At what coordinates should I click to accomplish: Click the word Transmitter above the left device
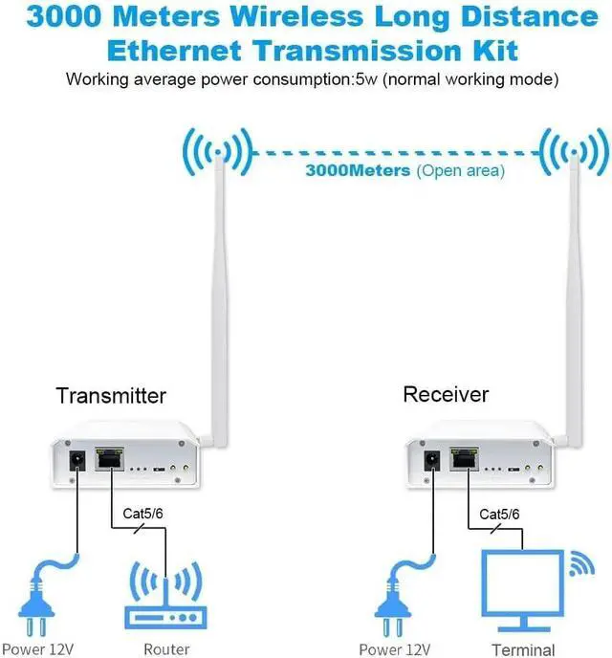(111, 396)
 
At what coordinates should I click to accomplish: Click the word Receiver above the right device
(446, 395)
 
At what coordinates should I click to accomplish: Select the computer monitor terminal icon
(521, 585)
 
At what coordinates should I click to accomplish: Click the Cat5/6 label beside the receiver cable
(499, 515)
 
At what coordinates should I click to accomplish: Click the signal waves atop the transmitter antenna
(218, 151)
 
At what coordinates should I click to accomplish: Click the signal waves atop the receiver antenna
(573, 150)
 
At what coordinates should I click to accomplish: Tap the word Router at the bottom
(165, 649)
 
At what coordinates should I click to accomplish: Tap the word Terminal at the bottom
(522, 649)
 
